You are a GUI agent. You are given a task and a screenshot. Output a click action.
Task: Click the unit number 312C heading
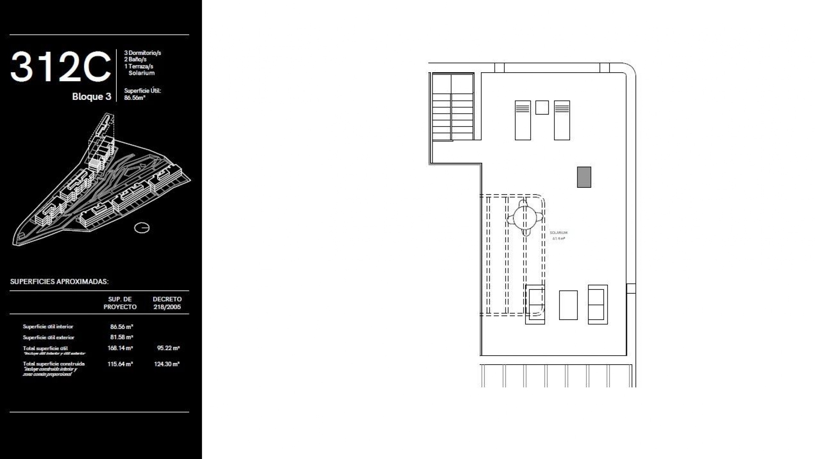pos(60,67)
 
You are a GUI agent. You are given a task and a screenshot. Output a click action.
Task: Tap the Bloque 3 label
pos(91,96)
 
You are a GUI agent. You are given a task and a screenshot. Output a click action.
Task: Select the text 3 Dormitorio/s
pos(142,53)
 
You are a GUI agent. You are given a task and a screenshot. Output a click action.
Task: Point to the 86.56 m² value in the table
pos(121,327)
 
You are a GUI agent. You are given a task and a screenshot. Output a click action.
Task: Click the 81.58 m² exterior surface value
pos(121,337)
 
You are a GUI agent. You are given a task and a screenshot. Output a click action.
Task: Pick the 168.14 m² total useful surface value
pos(120,348)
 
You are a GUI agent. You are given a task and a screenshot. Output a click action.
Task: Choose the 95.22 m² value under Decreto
pos(168,348)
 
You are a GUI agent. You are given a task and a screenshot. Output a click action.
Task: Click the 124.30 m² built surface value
pos(167,364)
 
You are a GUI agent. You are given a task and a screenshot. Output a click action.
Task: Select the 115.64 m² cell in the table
pos(120,364)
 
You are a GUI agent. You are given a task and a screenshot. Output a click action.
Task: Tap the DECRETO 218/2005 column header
pos(167,303)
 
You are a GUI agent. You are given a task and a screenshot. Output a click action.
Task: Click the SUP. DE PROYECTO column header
pos(120,303)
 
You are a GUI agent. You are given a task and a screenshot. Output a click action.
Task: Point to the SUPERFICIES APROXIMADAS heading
pos(59,282)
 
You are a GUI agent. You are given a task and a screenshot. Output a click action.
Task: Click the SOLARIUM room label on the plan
pos(558,233)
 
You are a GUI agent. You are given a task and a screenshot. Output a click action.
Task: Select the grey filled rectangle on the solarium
pos(584,177)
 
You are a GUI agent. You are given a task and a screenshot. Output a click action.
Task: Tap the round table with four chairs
pos(525,218)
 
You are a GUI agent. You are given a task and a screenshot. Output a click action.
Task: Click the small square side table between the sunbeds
pos(542,108)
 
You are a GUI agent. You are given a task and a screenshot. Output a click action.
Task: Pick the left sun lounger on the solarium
pos(523,120)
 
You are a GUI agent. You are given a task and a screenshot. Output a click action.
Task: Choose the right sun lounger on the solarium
pos(562,120)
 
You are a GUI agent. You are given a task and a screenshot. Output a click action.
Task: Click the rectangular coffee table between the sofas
pos(568,305)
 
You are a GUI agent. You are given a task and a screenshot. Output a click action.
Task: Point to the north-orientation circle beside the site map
pos(142,228)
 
